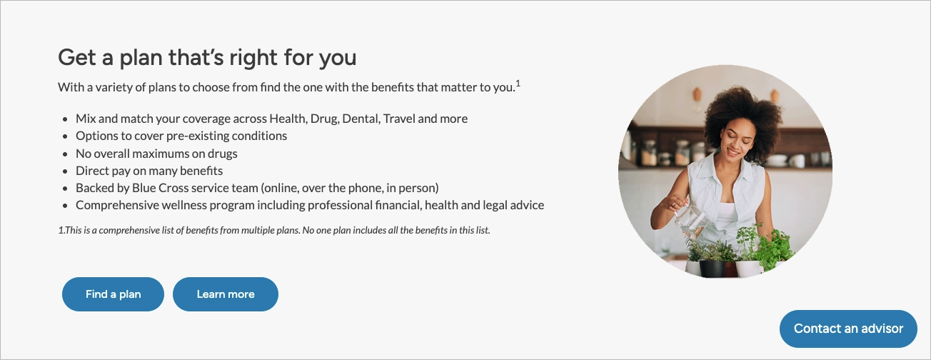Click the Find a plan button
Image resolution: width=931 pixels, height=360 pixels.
pos(113,294)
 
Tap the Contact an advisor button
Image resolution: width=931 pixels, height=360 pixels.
pos(848,329)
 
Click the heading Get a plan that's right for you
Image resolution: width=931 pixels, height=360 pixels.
pos(207,57)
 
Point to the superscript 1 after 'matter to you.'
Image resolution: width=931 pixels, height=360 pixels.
pos(518,84)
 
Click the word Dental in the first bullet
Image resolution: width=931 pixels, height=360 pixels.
pos(360,119)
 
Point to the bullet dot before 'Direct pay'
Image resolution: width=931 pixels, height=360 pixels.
pos(65,171)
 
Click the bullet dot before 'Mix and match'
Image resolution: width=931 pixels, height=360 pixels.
pos(65,119)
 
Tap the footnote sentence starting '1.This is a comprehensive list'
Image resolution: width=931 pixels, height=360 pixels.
pos(274,231)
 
